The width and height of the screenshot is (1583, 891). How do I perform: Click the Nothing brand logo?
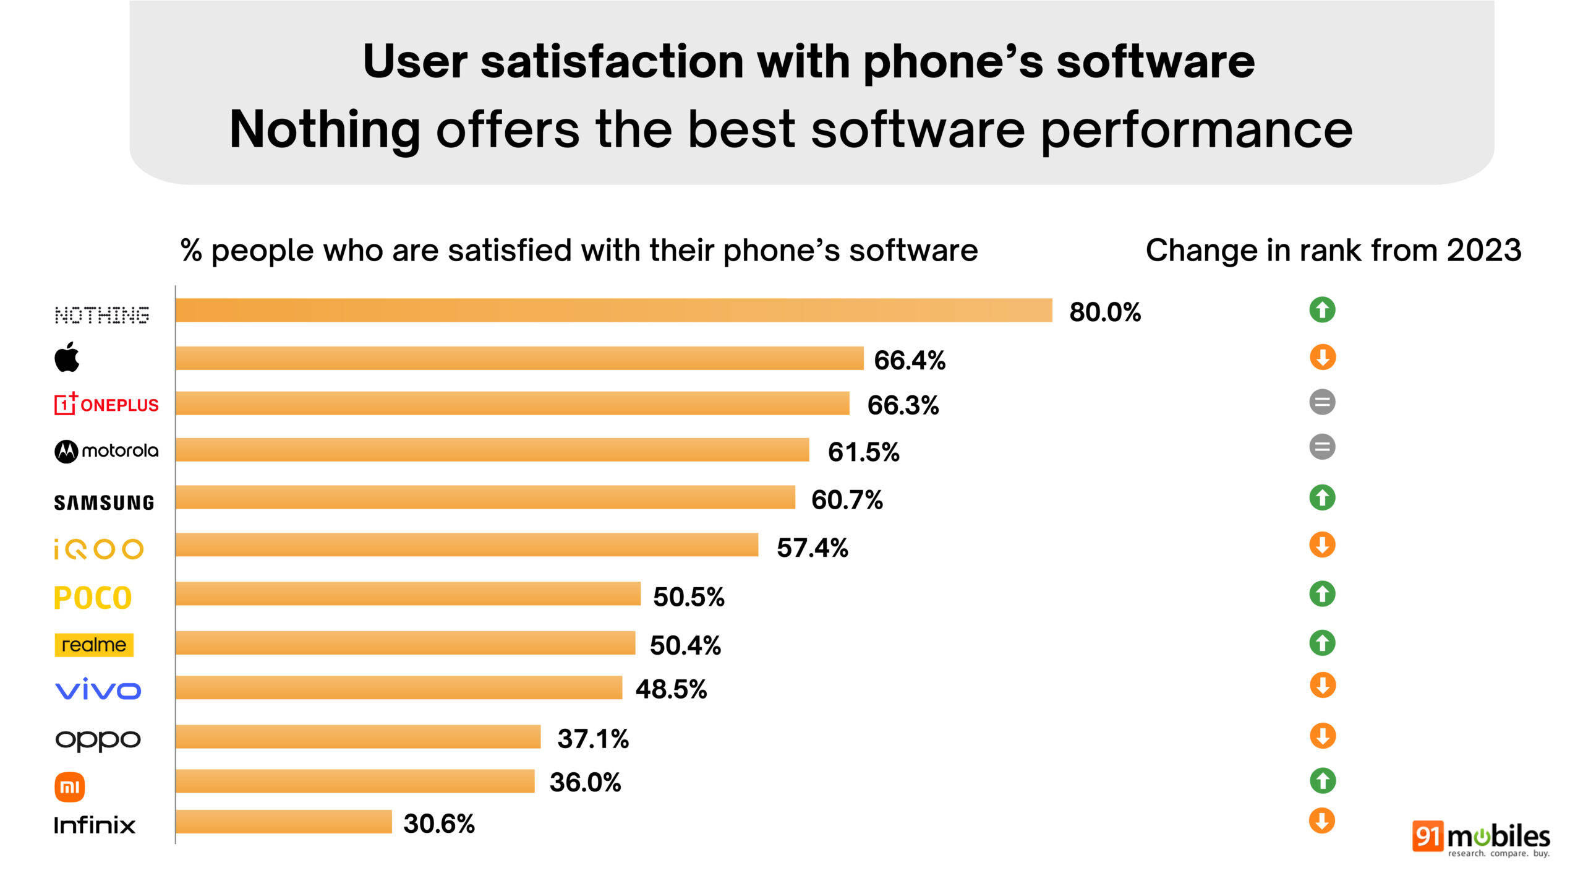[x=102, y=315]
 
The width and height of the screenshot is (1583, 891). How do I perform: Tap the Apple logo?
[x=67, y=358]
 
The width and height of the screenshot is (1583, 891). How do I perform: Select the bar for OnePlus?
[x=512, y=403]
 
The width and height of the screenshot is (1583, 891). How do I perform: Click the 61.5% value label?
[x=863, y=452]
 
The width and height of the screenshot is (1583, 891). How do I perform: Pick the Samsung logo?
[x=104, y=502]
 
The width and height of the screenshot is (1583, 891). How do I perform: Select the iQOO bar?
[x=466, y=545]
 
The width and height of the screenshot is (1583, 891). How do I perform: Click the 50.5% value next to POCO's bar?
[x=688, y=597]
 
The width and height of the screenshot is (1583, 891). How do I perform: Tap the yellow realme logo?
[x=94, y=645]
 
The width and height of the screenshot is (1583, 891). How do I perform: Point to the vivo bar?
[x=398, y=688]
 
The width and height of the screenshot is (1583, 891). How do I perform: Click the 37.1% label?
[x=592, y=739]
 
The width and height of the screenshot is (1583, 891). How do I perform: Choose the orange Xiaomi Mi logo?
[x=70, y=787]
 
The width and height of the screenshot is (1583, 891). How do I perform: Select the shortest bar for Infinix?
[x=283, y=822]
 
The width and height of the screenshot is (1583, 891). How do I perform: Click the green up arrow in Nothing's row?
[x=1322, y=310]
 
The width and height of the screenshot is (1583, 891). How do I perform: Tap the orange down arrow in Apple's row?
[x=1322, y=357]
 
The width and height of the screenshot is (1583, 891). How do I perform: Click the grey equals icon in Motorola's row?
[x=1322, y=447]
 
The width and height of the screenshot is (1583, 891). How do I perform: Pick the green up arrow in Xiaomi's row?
[x=1322, y=781]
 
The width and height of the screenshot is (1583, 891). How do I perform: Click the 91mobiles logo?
[x=1480, y=838]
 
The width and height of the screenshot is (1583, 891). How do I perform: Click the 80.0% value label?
[x=1104, y=312]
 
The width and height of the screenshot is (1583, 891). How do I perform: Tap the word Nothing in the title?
[x=325, y=129]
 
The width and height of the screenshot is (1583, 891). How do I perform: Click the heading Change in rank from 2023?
[x=1333, y=251]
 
